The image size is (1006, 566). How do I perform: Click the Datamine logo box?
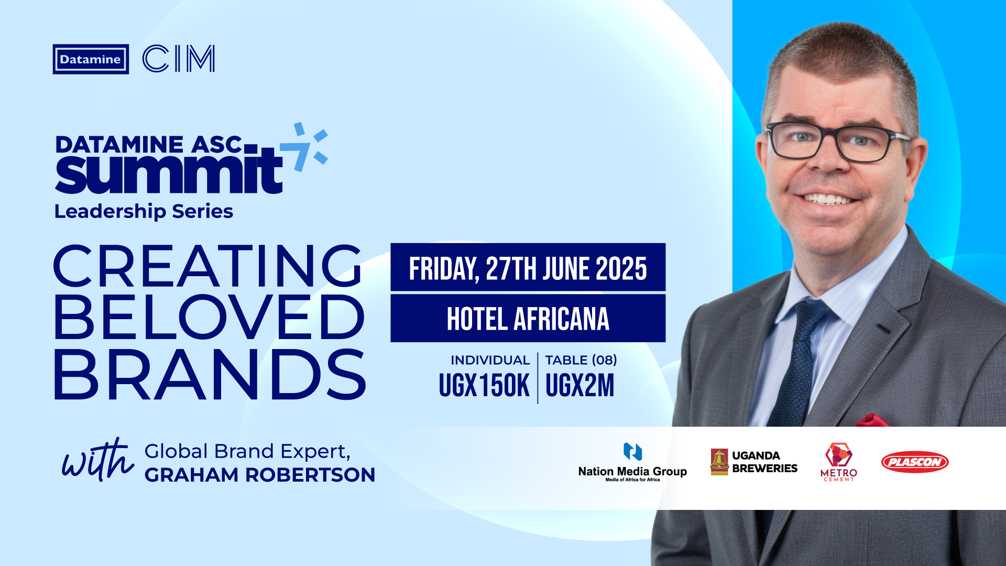click(91, 59)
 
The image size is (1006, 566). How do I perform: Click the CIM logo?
click(179, 59)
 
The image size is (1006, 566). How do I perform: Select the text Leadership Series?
click(144, 211)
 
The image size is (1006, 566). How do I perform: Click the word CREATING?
click(207, 266)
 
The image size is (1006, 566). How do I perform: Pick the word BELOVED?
click(209, 317)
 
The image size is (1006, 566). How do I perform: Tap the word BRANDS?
click(210, 374)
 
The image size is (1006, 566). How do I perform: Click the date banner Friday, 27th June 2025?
click(528, 267)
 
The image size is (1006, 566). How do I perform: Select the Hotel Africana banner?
click(528, 318)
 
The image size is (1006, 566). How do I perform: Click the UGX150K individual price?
click(484, 386)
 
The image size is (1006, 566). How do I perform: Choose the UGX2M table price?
click(579, 386)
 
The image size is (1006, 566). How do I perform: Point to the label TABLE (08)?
click(581, 360)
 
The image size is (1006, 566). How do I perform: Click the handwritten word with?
click(97, 460)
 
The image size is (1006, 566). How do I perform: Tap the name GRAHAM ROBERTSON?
click(260, 475)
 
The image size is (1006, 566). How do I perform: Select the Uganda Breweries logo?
click(754, 462)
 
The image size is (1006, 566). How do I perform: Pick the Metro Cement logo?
click(839, 462)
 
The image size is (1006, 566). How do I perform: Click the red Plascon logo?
click(915, 462)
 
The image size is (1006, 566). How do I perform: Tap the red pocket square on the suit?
click(872, 420)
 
